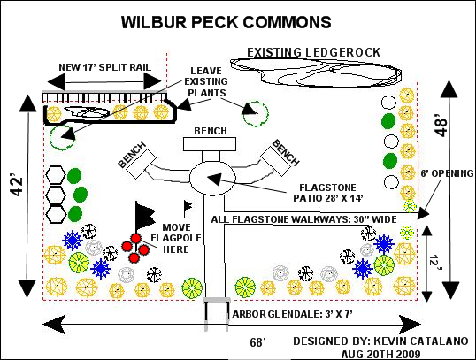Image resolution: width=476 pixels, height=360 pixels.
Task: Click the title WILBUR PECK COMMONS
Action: click(226, 22)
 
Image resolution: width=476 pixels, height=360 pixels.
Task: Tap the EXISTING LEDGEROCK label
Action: click(313, 52)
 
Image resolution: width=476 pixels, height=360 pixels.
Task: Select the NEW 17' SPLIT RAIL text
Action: click(104, 67)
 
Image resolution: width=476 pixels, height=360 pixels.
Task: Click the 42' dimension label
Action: click(17, 185)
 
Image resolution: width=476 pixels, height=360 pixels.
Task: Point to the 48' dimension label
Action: click(441, 126)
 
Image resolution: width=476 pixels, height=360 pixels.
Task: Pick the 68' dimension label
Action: click(257, 342)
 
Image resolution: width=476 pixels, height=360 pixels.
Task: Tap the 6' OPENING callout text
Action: click(447, 173)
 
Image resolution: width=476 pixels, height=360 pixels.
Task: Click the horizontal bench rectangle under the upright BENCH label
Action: click(210, 144)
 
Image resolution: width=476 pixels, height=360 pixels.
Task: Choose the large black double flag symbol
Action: click(144, 217)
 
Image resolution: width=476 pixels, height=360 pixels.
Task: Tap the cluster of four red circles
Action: click(135, 248)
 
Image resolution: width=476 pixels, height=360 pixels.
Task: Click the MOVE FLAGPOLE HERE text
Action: click(176, 238)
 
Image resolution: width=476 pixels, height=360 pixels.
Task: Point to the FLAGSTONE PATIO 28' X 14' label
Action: click(328, 193)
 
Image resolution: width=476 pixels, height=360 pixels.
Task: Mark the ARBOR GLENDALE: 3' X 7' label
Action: click(292, 314)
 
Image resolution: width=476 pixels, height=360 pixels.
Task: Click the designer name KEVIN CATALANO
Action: click(421, 341)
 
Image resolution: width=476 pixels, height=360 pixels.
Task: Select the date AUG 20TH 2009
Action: click(381, 354)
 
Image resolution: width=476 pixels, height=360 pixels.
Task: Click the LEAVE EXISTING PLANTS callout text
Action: click(206, 81)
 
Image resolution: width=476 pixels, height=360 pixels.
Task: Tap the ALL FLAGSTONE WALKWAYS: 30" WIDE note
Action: click(303, 219)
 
